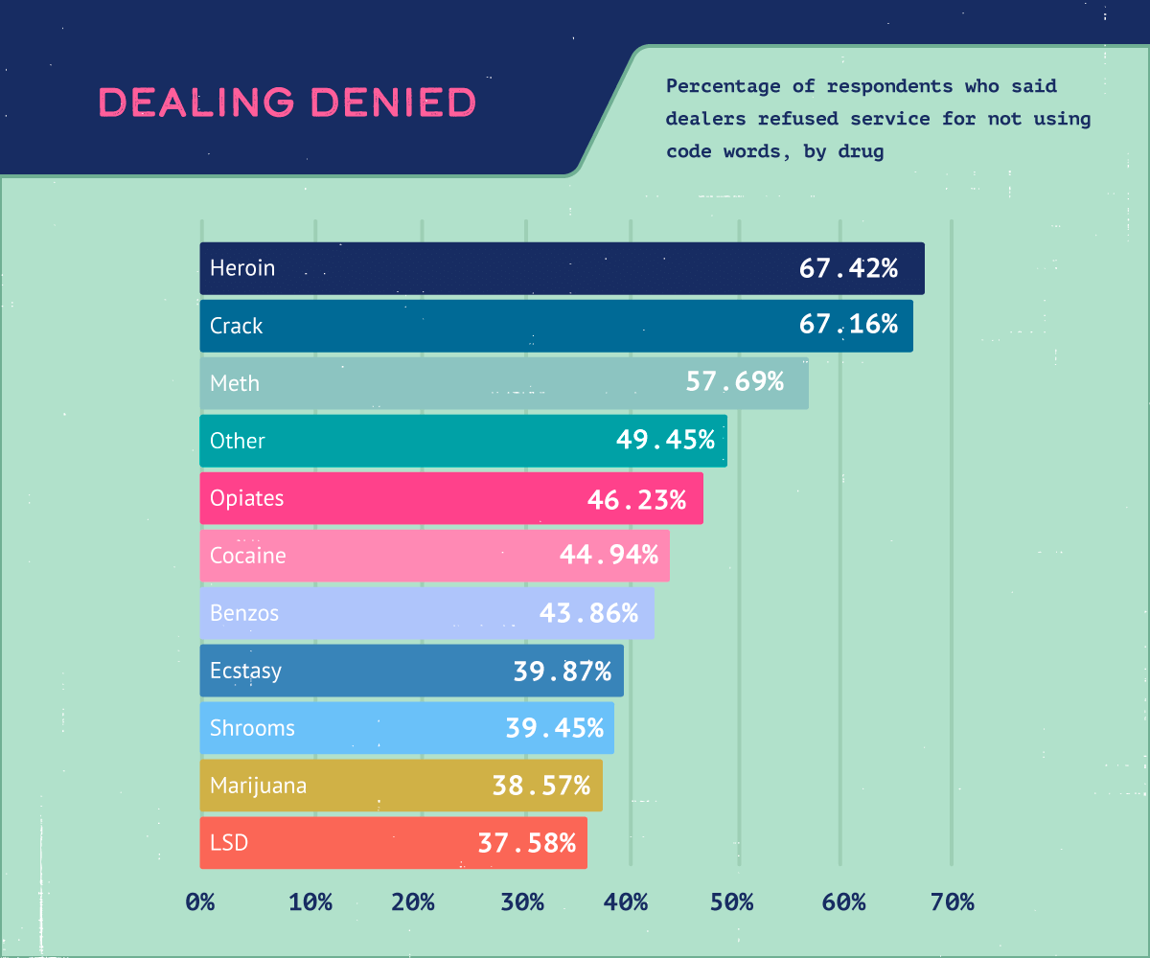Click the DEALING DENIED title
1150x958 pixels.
287,103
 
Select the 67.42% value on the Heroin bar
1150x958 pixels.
848,268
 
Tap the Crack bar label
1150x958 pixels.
236,326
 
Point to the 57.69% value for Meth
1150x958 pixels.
734,383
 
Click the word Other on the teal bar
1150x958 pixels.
238,441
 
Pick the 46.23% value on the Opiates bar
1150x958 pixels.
636,498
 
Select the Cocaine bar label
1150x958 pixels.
248,556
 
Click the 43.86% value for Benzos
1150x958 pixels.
588,613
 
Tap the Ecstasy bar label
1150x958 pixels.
246,671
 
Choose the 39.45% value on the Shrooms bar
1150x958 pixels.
554,728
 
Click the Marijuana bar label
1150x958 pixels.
259,786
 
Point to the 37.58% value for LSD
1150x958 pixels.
527,843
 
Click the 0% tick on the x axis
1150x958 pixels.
200,901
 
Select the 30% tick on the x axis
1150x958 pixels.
521,901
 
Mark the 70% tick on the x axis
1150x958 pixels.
951,901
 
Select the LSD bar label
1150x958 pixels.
229,843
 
